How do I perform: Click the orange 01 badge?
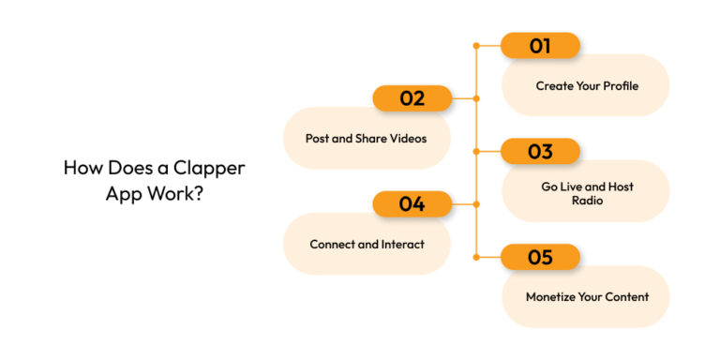tap(540, 45)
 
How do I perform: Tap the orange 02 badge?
tap(412, 97)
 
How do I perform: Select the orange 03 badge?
tap(540, 151)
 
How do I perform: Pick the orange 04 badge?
tap(412, 203)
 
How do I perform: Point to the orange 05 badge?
tap(540, 257)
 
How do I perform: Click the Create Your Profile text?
tap(587, 85)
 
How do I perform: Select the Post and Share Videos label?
tap(366, 138)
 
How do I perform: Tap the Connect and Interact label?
tap(367, 244)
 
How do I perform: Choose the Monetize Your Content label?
tap(587, 296)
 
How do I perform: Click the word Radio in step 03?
tap(587, 200)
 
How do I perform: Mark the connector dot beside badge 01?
tap(477, 45)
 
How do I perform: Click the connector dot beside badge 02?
tap(477, 97)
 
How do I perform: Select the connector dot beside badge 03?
tap(477, 151)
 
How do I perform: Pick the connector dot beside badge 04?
tap(477, 203)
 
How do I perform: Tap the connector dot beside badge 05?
tap(477, 257)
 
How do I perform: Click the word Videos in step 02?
tap(407, 138)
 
